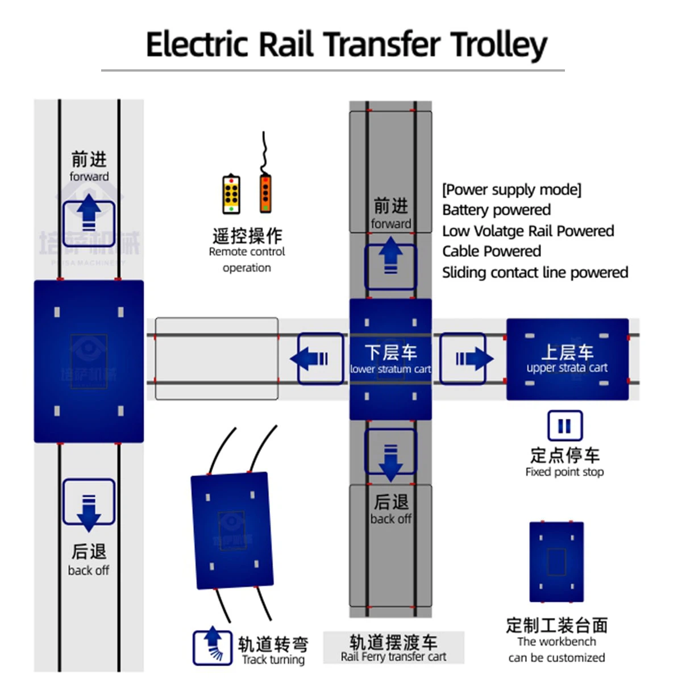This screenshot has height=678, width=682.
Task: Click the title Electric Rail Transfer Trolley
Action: click(x=346, y=44)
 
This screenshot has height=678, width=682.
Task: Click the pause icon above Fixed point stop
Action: click(x=564, y=426)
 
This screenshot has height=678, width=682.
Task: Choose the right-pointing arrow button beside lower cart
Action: click(x=463, y=359)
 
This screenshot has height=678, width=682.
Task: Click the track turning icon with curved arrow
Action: click(x=212, y=647)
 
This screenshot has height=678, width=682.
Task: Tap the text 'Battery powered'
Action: click(x=496, y=210)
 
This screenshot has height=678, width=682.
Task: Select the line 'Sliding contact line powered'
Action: click(x=535, y=272)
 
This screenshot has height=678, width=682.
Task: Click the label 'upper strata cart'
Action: click(x=567, y=368)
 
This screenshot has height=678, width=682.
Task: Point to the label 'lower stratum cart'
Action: click(x=390, y=369)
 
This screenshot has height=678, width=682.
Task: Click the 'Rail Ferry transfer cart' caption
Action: click(x=393, y=657)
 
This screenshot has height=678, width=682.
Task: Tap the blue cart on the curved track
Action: click(x=231, y=530)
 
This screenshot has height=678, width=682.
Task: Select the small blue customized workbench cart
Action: click(x=556, y=561)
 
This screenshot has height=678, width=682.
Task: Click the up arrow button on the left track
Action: click(x=89, y=216)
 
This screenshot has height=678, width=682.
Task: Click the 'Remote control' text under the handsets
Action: click(x=247, y=252)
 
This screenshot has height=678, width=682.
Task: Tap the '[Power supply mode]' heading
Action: click(x=511, y=189)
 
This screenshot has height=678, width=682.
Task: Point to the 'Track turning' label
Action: click(x=273, y=660)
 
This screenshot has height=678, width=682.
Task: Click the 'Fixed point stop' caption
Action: click(x=564, y=472)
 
